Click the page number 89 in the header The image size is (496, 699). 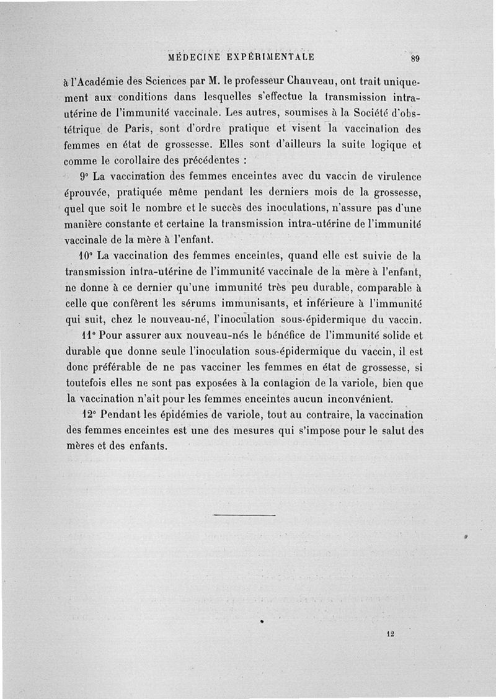tap(415, 59)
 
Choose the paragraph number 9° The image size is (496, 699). tap(84, 177)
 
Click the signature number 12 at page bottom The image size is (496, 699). tap(390, 634)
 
